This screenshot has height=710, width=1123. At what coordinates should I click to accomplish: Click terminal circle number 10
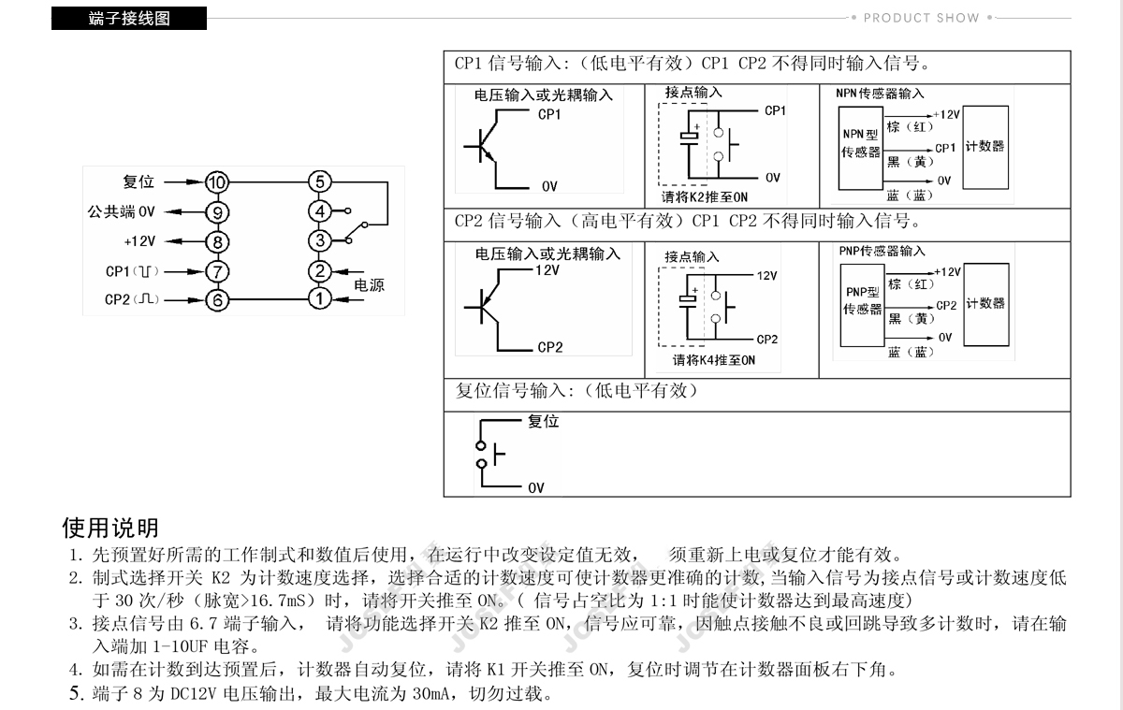coord(217,182)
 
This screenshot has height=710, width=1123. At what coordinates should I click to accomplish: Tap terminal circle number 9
coord(217,212)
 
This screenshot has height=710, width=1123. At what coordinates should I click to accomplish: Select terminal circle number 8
coord(217,241)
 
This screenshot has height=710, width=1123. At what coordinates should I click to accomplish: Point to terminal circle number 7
coord(217,271)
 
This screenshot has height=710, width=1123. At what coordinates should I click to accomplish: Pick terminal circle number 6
coord(217,300)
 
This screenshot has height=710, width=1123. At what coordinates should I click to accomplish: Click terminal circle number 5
coord(320,182)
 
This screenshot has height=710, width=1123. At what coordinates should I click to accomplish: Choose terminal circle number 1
coord(320,298)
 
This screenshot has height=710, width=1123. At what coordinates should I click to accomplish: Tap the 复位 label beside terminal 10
coord(139,181)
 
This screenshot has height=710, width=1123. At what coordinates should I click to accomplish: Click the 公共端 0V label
coord(121,211)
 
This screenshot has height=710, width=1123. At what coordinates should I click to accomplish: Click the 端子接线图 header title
coord(129,19)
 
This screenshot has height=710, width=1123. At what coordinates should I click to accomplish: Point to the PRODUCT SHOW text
coord(921,18)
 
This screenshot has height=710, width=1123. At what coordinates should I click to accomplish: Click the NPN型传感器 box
coord(861,143)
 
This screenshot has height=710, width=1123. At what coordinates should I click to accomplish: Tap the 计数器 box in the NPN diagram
coord(984,147)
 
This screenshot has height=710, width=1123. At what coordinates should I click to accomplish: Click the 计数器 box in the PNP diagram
coord(984,303)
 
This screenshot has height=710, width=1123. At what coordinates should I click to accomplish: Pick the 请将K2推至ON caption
coord(705,197)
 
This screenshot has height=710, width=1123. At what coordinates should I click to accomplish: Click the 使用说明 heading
coord(110,528)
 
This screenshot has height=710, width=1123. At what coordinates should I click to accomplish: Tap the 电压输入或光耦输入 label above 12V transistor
coord(547,254)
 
